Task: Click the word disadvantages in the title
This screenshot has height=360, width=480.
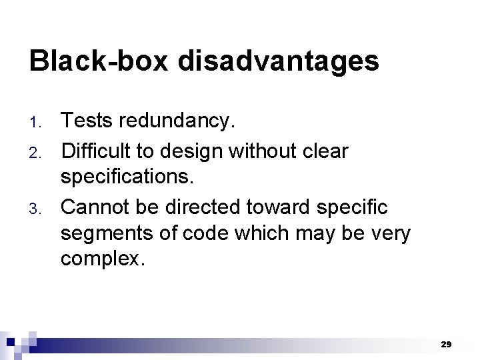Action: [x=278, y=61]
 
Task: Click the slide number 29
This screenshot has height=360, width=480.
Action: [x=446, y=345]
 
